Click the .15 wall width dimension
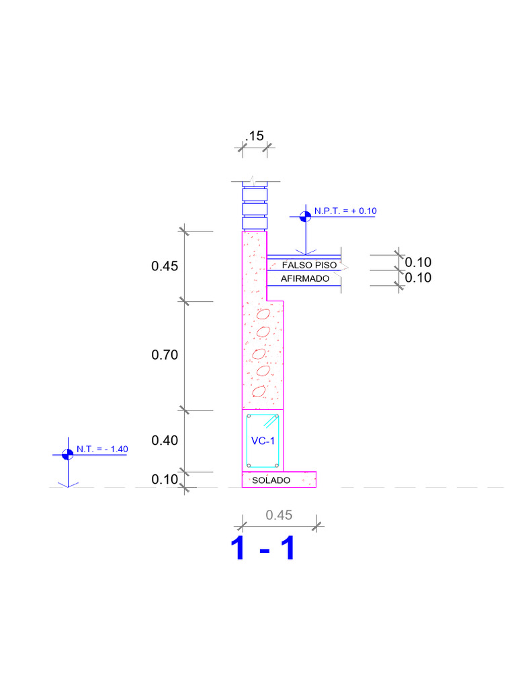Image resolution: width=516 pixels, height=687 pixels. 255,136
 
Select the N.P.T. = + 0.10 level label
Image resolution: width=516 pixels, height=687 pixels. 345,211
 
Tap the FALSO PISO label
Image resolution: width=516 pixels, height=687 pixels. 309,265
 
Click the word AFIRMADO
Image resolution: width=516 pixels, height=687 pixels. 305,278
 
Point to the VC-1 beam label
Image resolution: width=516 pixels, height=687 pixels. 263,441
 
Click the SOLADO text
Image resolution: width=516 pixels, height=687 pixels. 271,480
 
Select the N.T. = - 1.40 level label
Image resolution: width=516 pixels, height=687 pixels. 102,449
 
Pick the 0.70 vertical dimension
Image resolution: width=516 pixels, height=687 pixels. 165,354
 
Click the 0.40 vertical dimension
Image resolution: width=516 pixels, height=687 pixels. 165,440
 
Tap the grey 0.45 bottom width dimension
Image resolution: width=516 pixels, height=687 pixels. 279,515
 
